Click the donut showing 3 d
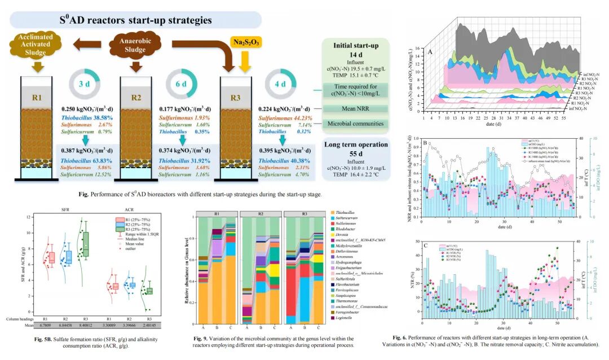tap(84, 85)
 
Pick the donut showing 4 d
tap(280, 85)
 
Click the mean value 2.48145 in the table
tap(150, 325)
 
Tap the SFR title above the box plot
tap(67, 210)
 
